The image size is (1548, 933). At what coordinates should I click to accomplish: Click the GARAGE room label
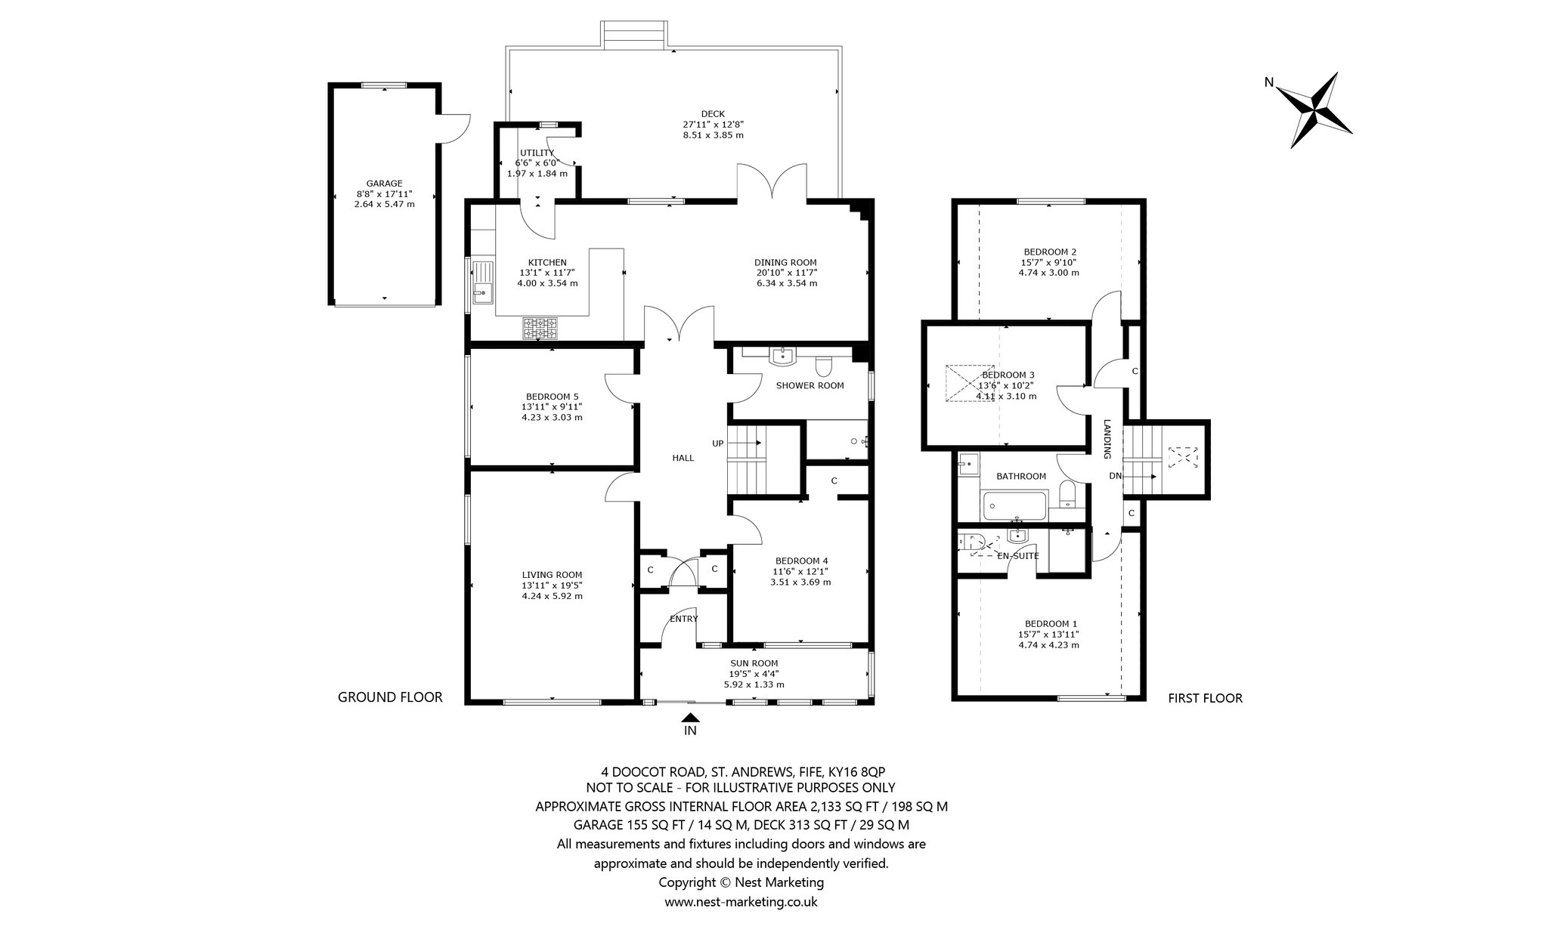pos(384,183)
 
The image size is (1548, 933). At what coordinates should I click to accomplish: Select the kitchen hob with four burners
pos(540,328)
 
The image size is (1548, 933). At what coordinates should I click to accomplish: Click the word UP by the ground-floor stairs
pos(717,443)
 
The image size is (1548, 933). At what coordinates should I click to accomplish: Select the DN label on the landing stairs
pos(1115,476)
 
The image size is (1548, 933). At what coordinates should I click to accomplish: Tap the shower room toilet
pos(824,367)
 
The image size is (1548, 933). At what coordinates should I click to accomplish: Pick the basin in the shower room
pos(782,356)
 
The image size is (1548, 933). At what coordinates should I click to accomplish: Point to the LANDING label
pos(1107,439)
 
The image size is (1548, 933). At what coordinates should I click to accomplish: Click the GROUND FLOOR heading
pos(390,697)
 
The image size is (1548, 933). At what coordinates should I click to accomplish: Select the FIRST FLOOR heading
pos(1205,698)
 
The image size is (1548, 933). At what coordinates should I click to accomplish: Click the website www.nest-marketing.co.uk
pos(741,901)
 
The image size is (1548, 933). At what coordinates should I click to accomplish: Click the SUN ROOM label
pos(754,663)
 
